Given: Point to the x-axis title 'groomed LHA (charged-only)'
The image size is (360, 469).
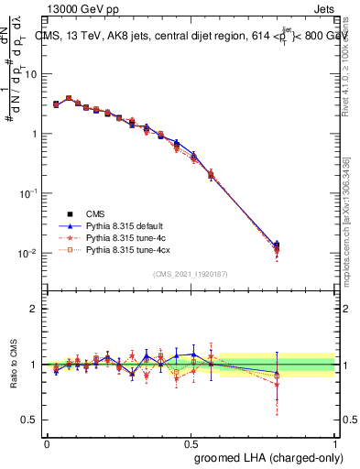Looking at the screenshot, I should [x=265, y=457].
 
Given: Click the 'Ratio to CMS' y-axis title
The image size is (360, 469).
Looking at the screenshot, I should [x=12, y=364].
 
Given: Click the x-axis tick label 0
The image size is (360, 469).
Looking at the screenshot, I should [x=47, y=442].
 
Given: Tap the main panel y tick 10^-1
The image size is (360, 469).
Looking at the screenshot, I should [x=27, y=193].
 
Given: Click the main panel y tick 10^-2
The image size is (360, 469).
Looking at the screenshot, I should [x=27, y=254].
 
